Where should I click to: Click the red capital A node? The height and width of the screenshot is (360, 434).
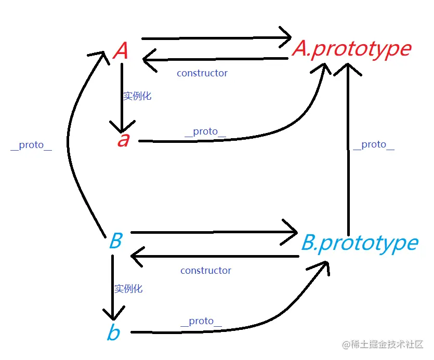point(121,51)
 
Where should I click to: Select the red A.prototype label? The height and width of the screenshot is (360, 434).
point(352,49)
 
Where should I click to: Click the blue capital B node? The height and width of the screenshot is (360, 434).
point(115,242)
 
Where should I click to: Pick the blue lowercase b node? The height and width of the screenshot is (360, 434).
point(113,332)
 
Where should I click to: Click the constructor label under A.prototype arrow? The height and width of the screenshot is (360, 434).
point(202,73)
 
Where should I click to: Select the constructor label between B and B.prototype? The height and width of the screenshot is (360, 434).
point(206,271)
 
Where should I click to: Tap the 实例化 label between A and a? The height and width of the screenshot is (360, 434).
point(137,96)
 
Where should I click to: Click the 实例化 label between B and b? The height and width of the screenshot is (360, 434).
point(128,289)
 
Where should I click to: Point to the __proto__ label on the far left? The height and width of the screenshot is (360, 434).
point(31,145)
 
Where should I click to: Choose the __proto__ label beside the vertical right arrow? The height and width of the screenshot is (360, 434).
point(374,145)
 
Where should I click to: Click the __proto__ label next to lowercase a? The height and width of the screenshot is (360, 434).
point(205,131)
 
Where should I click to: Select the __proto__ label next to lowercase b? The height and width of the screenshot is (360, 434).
point(201,322)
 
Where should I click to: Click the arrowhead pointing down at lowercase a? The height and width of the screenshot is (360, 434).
point(122,127)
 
